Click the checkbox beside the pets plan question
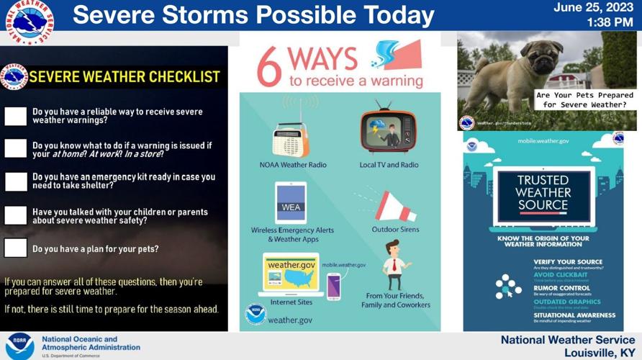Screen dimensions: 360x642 click(x=15, y=248)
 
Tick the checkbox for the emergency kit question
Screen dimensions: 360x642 click(x=15, y=181)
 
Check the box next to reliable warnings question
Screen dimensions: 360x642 click(x=15, y=116)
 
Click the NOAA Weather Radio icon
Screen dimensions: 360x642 click(x=291, y=139)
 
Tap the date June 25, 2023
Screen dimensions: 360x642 click(x=593, y=8)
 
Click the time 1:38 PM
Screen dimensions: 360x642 click(x=610, y=22)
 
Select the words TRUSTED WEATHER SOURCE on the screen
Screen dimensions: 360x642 click(x=543, y=193)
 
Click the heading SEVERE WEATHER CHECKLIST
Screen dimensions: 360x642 click(x=124, y=77)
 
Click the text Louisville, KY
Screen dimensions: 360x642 click(x=600, y=352)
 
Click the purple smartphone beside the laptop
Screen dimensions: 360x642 click(x=333, y=286)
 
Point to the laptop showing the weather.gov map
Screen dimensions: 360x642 click(x=291, y=275)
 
